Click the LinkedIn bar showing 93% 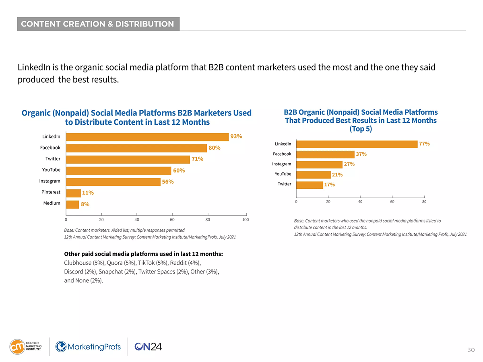coord(147,137)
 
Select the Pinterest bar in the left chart coord(73,193)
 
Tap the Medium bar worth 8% coord(72,204)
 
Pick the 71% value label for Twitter coord(197,159)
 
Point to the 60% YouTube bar coord(118,171)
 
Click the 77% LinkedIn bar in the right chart coord(357,144)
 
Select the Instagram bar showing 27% coord(319,164)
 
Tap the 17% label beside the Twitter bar coord(330,185)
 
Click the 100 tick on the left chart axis coord(246,220)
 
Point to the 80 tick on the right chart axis coord(424,202)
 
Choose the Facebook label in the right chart coord(282,154)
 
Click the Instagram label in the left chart coord(50,181)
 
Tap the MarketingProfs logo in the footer coord(88,346)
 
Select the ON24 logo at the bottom coord(148,346)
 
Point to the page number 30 coord(471,350)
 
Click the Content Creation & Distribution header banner coord(98,24)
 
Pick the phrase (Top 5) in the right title coord(361,129)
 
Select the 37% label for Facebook coord(361,154)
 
